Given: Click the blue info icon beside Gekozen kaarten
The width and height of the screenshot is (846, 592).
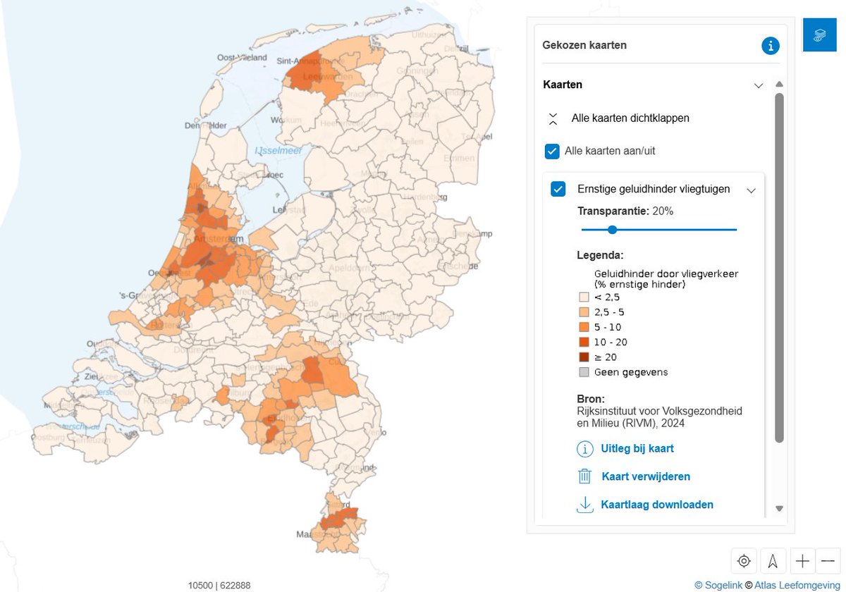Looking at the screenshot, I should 771,46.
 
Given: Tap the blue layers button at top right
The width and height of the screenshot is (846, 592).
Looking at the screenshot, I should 819,35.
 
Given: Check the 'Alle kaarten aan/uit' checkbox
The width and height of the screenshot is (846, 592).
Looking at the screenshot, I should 552,151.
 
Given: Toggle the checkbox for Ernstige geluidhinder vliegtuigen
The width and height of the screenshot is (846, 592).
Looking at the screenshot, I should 558,189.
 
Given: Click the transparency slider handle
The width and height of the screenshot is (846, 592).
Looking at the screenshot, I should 612,229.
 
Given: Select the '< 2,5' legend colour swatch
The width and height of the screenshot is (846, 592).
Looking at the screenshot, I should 584,297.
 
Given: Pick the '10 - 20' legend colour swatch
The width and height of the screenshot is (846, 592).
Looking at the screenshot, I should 584,342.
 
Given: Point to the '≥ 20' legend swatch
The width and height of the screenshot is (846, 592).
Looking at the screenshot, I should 584,357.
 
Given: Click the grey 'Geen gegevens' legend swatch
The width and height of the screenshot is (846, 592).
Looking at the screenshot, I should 584,372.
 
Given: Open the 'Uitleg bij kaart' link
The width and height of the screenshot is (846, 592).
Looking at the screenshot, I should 637,448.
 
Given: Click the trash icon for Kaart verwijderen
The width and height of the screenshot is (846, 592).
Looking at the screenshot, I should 584,476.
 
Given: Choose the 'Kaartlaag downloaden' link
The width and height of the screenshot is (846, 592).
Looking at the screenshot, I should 657,505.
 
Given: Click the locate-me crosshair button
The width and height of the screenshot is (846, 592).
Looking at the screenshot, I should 744,561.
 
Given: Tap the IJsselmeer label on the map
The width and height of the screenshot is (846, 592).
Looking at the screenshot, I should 278,151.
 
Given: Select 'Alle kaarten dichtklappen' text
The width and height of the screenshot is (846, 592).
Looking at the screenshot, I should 630,118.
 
